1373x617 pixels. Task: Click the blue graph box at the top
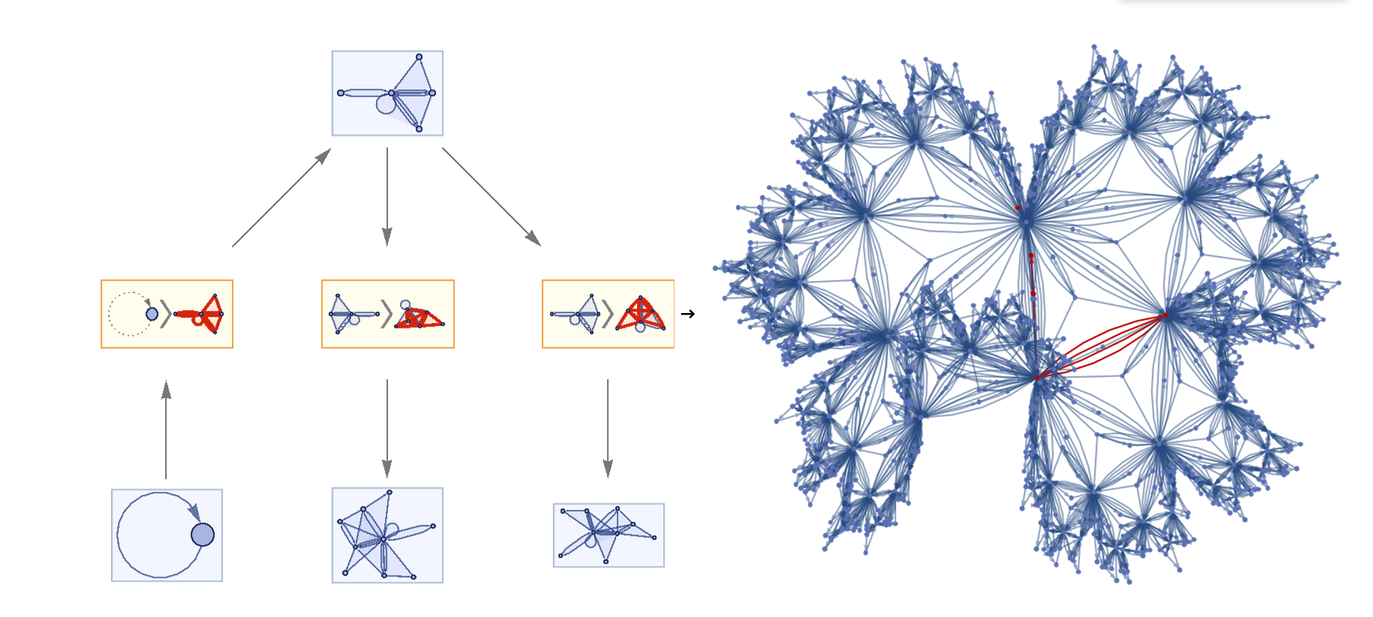click(x=387, y=93)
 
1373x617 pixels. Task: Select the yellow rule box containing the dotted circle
click(x=167, y=314)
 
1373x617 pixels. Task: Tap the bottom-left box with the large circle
click(x=167, y=535)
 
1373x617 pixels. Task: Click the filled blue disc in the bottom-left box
click(x=203, y=534)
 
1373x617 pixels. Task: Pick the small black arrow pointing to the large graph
click(x=687, y=314)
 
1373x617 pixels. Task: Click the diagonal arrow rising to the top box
click(x=281, y=197)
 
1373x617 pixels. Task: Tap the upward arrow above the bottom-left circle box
click(x=166, y=429)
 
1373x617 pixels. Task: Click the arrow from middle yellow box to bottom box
click(x=387, y=428)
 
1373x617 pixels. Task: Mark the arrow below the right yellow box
click(x=608, y=428)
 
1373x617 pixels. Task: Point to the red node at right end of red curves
click(x=1166, y=315)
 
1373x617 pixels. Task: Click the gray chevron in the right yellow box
click(x=607, y=314)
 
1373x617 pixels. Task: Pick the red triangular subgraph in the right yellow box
click(x=640, y=314)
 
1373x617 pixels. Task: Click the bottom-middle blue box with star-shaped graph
click(x=387, y=535)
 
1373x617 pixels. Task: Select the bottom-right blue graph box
click(x=608, y=535)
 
